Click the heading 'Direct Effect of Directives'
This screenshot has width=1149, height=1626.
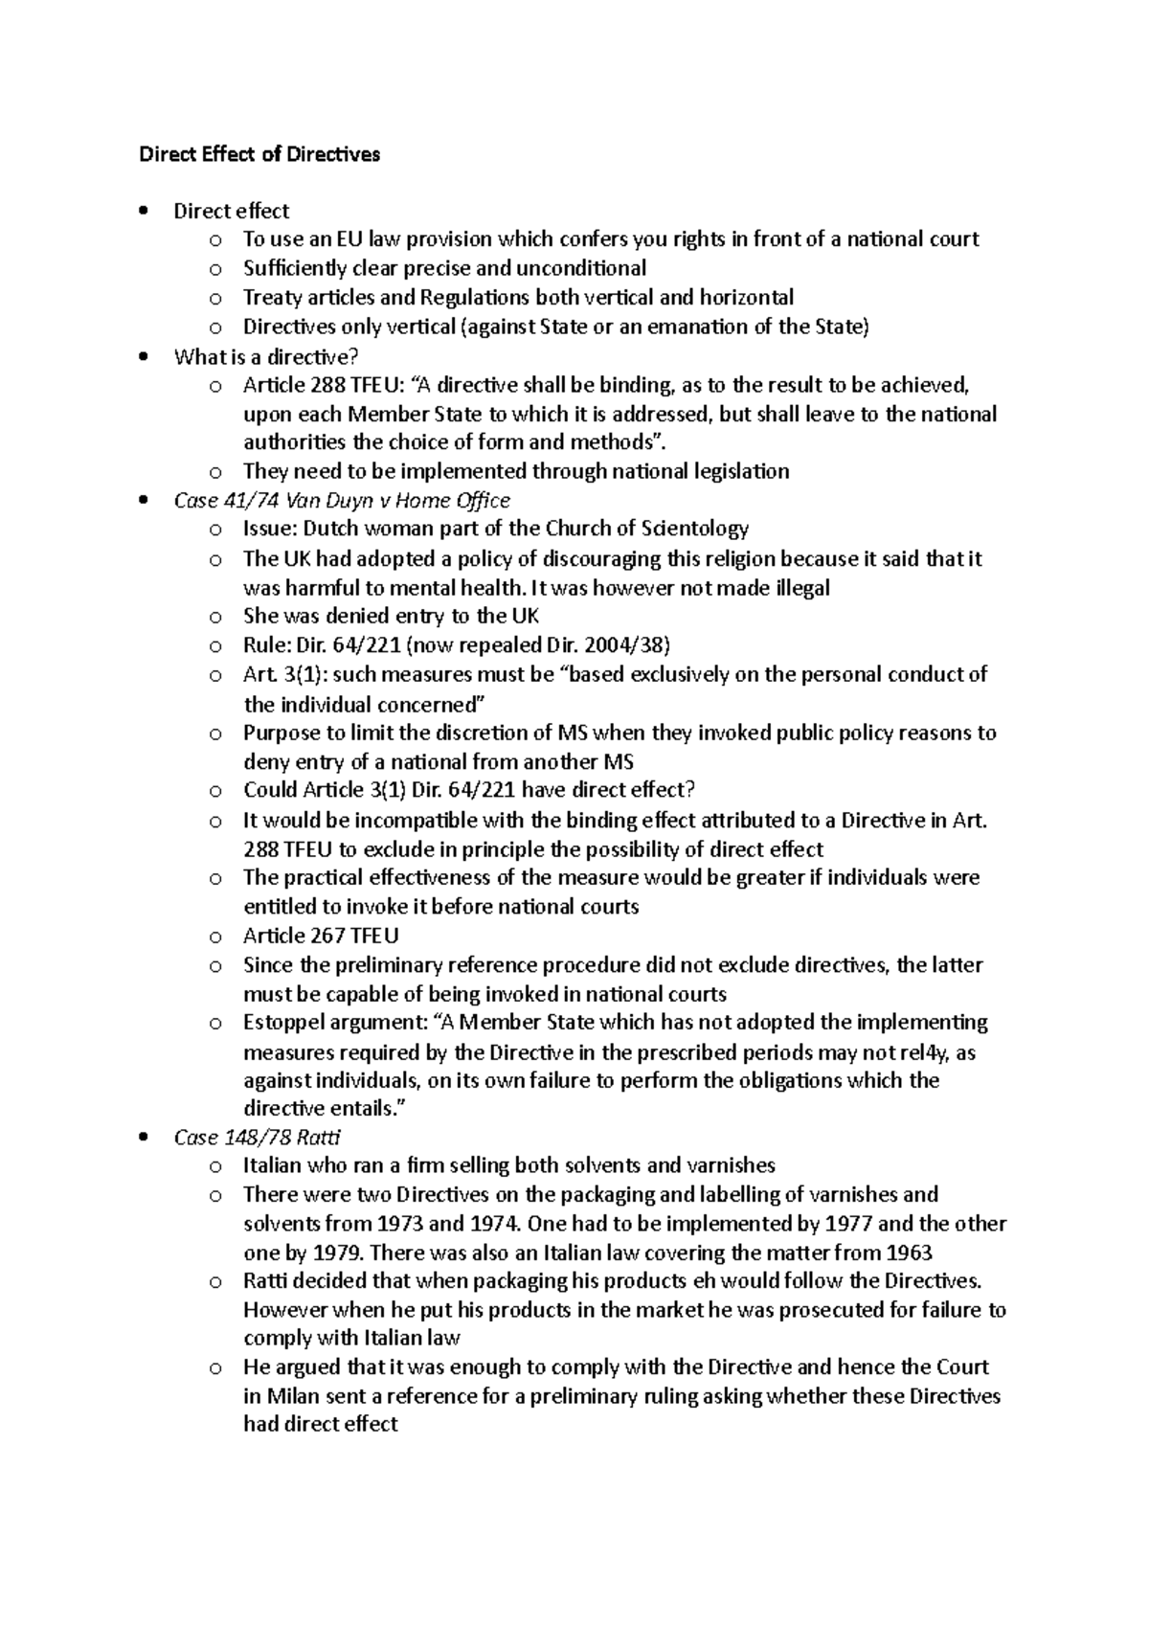(259, 154)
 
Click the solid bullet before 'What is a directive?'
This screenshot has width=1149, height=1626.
(144, 357)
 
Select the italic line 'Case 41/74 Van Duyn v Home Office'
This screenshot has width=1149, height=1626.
(342, 500)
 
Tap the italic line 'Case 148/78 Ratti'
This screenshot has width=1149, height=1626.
(257, 1138)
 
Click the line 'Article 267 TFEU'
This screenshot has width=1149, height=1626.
(321, 936)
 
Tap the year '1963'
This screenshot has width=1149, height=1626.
(910, 1253)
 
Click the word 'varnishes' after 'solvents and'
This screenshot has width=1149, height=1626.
(731, 1166)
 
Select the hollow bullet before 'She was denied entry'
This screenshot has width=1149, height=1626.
(215, 617)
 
